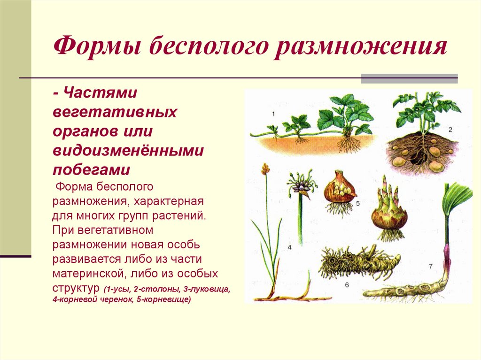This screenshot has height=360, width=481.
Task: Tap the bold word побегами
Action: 91,169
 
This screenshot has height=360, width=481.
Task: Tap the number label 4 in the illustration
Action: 289,247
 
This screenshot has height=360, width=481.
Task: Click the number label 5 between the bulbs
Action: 358,204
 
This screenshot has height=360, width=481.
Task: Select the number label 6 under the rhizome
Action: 347,285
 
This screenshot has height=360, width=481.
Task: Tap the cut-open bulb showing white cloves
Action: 340,190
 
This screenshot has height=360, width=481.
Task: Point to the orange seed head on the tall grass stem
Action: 266,169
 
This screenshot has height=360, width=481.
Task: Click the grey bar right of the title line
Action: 409,78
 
